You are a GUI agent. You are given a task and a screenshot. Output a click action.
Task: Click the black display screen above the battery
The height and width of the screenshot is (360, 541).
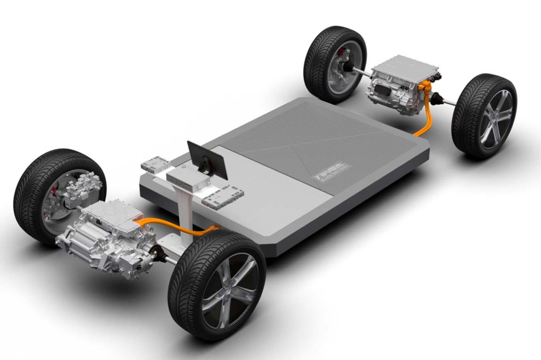pos(206,158)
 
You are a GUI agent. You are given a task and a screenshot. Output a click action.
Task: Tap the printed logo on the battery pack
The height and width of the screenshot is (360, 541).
pos(332,171)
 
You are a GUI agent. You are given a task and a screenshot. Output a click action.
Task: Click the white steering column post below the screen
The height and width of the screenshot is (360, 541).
pos(184,210)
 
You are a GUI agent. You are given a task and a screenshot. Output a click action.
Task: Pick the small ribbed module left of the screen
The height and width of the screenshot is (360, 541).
pos(155,164)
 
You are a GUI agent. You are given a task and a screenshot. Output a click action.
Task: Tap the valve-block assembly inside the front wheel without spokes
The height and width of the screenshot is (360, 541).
pos(76,189)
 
